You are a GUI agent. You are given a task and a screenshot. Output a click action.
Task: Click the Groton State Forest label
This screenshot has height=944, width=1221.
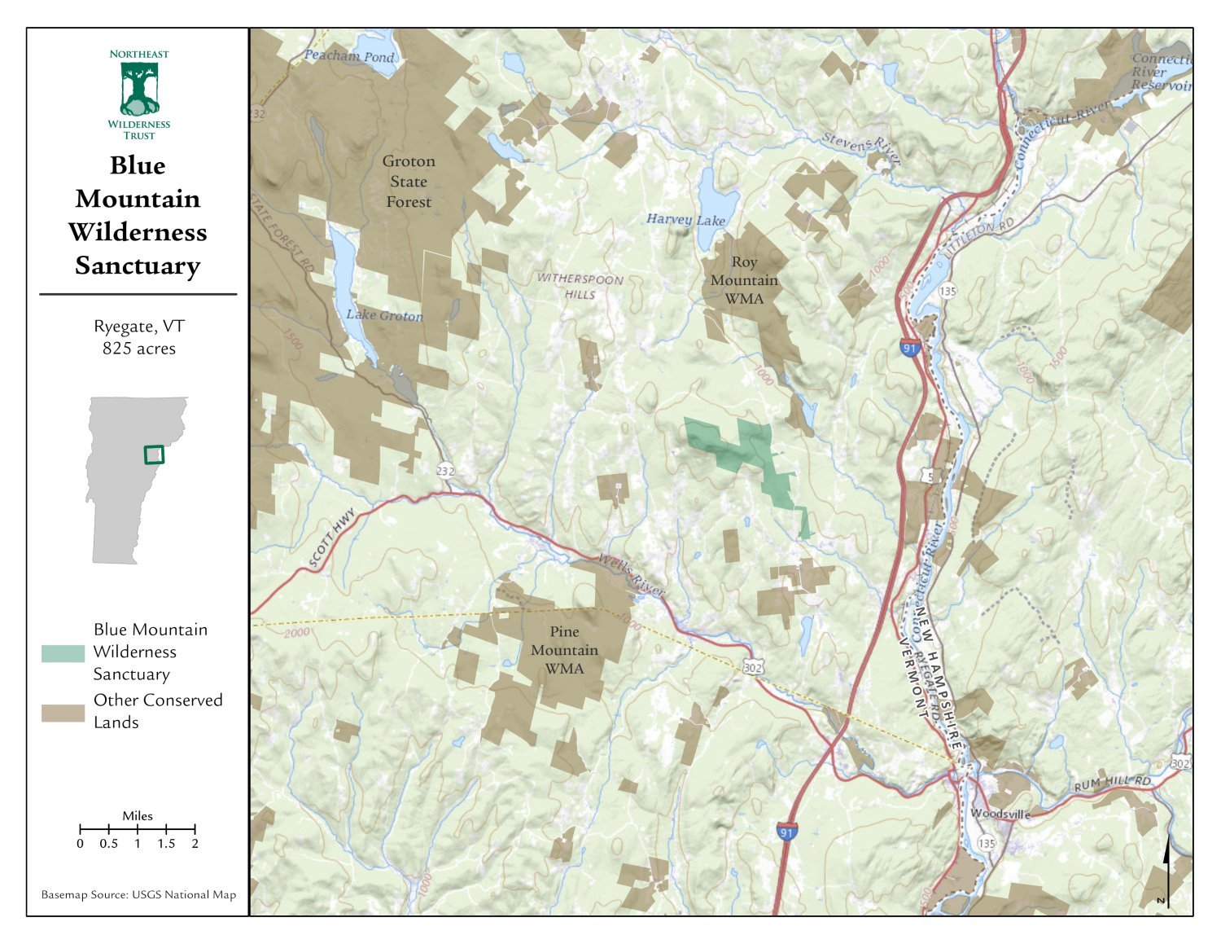click(409, 182)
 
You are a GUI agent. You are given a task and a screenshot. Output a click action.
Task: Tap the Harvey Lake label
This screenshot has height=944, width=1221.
click(685, 219)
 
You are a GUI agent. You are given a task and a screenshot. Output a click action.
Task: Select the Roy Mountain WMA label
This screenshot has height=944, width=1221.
click(744, 280)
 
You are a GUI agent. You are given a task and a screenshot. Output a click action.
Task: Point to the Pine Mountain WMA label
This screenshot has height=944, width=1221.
click(564, 650)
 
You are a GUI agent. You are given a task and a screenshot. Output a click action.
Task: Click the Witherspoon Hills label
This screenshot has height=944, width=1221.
click(580, 286)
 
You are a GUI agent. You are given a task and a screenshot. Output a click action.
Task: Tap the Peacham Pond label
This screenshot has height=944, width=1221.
click(349, 56)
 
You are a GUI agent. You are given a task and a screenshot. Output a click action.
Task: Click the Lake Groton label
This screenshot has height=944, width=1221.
click(384, 315)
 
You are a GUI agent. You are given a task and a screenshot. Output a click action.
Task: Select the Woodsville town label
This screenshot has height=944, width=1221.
click(1000, 814)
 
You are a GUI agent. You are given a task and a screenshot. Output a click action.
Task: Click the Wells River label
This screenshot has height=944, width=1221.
click(632, 574)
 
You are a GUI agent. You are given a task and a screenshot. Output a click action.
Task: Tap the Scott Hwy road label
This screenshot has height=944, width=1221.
click(332, 538)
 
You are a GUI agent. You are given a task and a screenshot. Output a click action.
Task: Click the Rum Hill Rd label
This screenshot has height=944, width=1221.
click(1112, 783)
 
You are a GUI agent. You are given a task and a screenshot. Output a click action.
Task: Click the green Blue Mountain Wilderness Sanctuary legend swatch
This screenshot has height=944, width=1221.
click(63, 653)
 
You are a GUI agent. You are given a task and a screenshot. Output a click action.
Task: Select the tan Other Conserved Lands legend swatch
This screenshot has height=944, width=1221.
click(63, 713)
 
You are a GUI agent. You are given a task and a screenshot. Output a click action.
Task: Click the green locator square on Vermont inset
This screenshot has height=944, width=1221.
click(154, 454)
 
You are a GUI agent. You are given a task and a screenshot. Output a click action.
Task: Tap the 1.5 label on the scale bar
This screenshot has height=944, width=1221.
click(166, 844)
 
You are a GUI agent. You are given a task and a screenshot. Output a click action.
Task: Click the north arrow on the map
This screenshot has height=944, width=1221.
click(1166, 872)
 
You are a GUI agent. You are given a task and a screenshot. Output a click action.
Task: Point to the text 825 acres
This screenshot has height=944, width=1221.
click(139, 349)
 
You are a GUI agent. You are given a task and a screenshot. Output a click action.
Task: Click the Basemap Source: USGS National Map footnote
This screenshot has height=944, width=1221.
click(138, 894)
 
